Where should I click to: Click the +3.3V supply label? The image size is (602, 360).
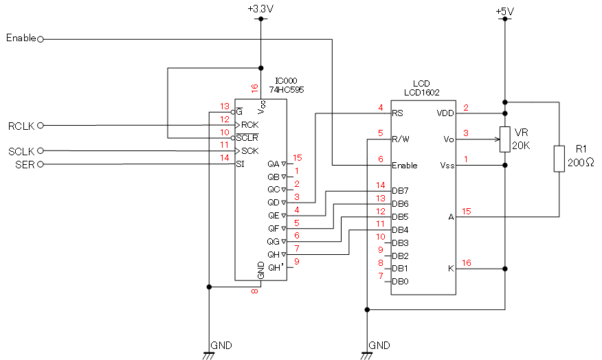pyautogui.click(x=260, y=9)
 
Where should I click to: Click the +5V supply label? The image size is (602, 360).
pyautogui.click(x=504, y=12)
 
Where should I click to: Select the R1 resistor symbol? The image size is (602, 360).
pyautogui.click(x=559, y=158)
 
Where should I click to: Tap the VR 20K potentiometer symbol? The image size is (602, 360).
pyautogui.click(x=504, y=139)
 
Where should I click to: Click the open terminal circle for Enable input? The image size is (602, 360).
pyautogui.click(x=41, y=39)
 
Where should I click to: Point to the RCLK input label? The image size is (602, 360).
pyautogui.click(x=21, y=126)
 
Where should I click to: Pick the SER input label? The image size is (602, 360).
pyautogui.click(x=25, y=164)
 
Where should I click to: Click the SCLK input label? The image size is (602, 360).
pyautogui.click(x=21, y=151)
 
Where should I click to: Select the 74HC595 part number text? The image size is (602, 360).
pyautogui.click(x=287, y=89)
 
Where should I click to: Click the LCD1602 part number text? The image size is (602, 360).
pyautogui.click(x=422, y=91)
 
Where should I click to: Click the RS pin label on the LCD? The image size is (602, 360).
pyautogui.click(x=397, y=113)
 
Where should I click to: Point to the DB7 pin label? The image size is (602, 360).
pyautogui.click(x=400, y=190)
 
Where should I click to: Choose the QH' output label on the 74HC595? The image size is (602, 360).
pyautogui.click(x=275, y=267)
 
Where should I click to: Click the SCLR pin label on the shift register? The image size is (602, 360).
pyautogui.click(x=247, y=137)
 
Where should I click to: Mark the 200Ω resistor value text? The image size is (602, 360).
pyautogui.click(x=581, y=163)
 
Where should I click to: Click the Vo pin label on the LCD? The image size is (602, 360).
pyautogui.click(x=449, y=139)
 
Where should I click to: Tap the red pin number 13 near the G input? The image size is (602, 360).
pyautogui.click(x=224, y=106)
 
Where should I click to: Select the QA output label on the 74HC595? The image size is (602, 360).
pyautogui.click(x=274, y=164)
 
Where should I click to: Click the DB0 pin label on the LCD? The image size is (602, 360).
pyautogui.click(x=400, y=281)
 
